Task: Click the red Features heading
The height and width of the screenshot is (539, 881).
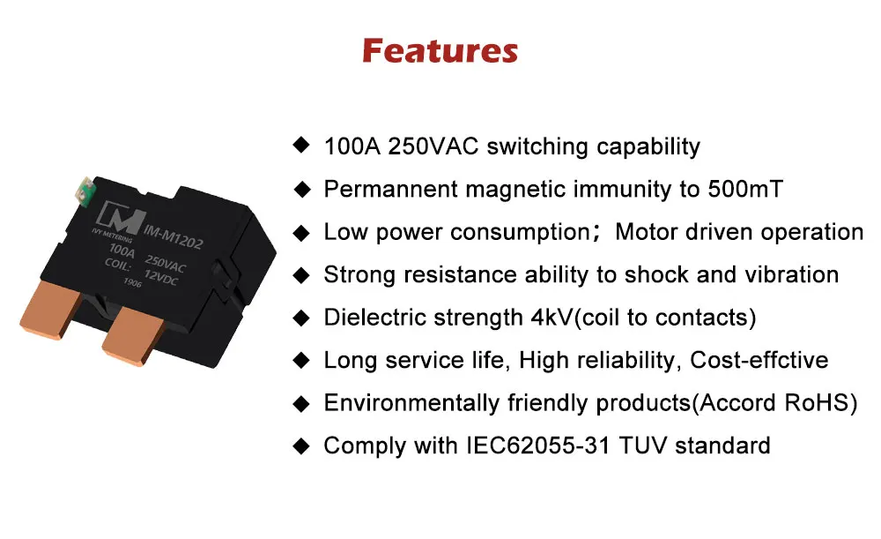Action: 440,50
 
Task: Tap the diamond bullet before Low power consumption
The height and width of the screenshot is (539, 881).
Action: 302,233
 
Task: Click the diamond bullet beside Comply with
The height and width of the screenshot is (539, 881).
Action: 302,446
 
